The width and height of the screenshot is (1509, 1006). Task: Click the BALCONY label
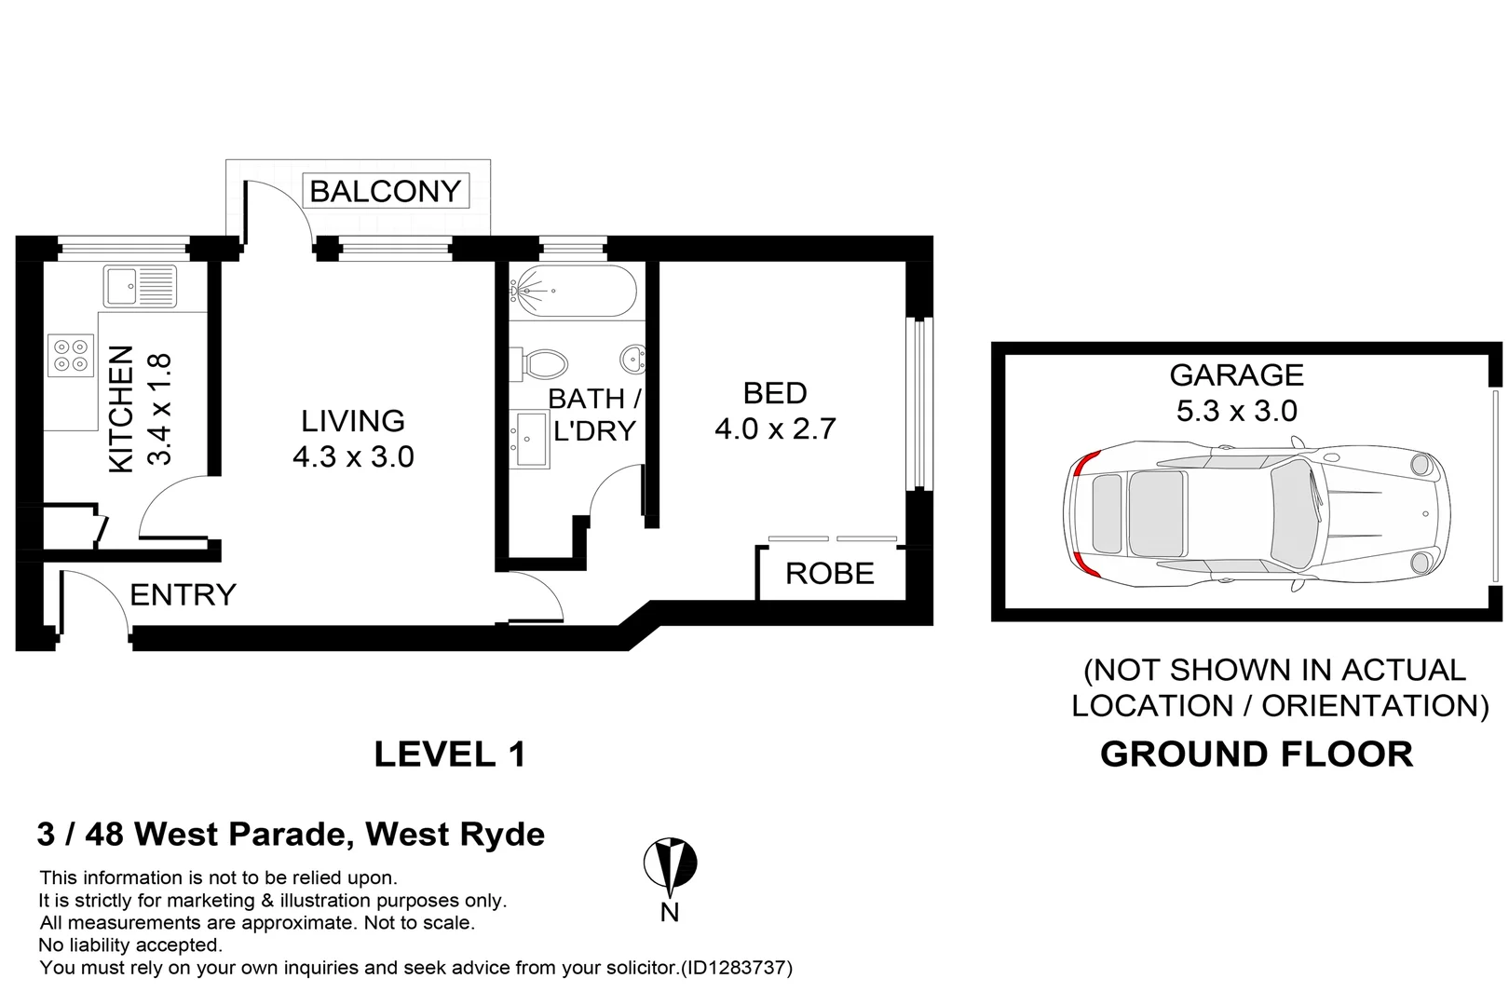tap(385, 192)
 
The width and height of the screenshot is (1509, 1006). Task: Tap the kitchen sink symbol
tap(140, 286)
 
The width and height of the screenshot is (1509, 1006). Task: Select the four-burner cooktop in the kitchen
tap(71, 355)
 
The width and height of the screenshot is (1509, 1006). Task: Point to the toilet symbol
tap(540, 363)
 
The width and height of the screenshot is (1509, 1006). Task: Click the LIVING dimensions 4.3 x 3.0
tap(353, 456)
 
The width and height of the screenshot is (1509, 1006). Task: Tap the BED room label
tap(774, 393)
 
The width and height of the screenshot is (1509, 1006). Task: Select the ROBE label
tap(829, 574)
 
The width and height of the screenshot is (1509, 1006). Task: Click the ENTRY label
tap(183, 594)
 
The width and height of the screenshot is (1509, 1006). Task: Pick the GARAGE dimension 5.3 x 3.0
tap(1236, 411)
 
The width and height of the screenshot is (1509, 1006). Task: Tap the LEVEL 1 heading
tap(450, 754)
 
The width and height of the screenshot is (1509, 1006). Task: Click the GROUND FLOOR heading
tap(1256, 754)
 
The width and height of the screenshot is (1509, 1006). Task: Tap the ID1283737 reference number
tap(736, 968)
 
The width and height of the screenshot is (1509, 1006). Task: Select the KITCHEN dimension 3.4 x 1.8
tap(159, 410)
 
